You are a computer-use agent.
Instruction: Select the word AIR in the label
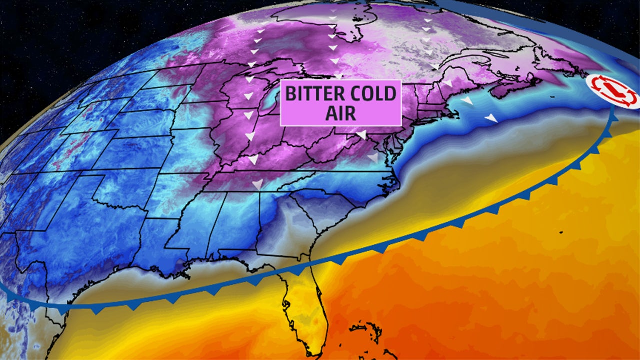340,112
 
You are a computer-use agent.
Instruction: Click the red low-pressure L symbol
613,91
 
